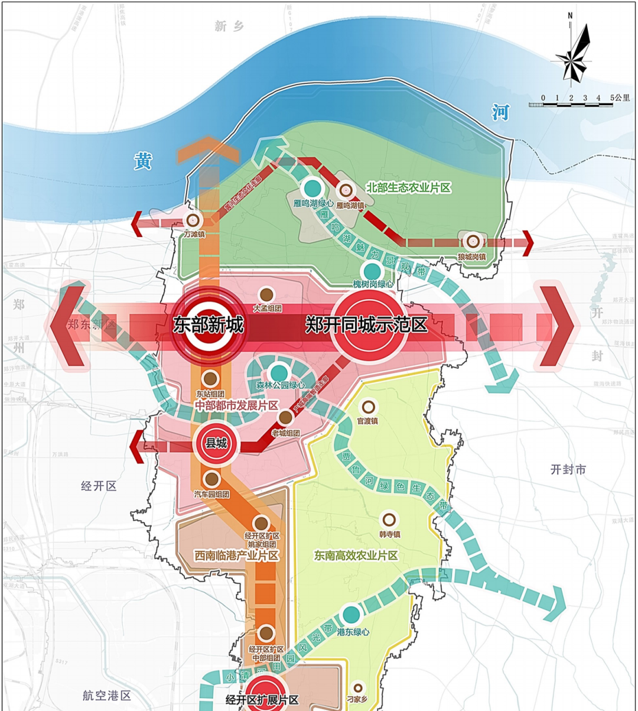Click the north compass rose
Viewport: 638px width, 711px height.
pos(572,53)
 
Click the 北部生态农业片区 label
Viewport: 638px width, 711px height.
pos(408,188)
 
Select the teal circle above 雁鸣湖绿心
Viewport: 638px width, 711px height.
pos(313,189)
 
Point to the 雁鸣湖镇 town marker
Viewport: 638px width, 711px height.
pos(346,190)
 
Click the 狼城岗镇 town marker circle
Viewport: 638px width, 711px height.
pos(472,241)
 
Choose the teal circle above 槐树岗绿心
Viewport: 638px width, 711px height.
pos(372,271)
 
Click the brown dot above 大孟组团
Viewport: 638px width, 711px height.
pos(266,294)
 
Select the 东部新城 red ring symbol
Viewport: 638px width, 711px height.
pos(208,326)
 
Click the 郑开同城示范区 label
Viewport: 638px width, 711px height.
pos(366,324)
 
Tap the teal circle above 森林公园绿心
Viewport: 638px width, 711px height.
pos(279,372)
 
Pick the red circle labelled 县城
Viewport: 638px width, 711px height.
pos(216,443)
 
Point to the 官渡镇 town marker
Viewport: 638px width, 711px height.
pos(368,407)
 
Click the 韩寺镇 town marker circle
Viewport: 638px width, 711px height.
pos(389,520)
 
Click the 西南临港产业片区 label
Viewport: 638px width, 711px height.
pos(236,556)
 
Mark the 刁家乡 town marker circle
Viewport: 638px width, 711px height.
pos(358,688)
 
